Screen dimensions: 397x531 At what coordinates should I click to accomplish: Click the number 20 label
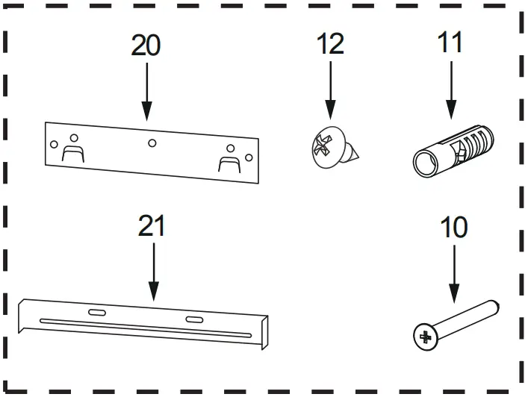click(146, 46)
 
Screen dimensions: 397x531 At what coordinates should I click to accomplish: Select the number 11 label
click(450, 42)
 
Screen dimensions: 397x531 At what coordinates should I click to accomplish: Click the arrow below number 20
click(146, 90)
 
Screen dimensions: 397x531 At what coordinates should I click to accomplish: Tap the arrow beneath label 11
click(450, 90)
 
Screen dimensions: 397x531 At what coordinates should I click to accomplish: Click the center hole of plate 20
click(152, 143)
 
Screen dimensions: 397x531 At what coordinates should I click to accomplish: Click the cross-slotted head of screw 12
click(326, 146)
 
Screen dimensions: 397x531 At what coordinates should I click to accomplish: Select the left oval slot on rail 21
click(97, 312)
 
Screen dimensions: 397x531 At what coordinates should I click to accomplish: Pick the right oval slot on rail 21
click(194, 319)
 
